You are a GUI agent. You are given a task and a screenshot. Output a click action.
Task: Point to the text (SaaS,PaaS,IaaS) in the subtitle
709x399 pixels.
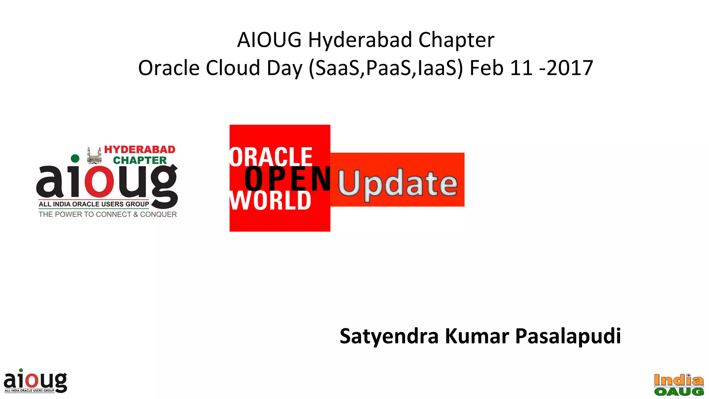pyautogui.click(x=385, y=68)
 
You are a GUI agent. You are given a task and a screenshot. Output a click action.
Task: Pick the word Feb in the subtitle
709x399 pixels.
pyautogui.click(x=486, y=68)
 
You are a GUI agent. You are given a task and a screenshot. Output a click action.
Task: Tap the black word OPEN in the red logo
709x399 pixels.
pyautogui.click(x=287, y=179)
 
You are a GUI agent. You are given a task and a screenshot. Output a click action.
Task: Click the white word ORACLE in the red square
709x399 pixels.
pyautogui.click(x=271, y=157)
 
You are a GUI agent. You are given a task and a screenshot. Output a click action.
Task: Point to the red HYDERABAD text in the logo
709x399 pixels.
pyautogui.click(x=140, y=150)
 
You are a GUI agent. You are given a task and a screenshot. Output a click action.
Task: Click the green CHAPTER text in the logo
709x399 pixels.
pyautogui.click(x=140, y=160)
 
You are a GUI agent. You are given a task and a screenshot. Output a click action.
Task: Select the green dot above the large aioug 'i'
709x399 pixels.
pyautogui.click(x=75, y=159)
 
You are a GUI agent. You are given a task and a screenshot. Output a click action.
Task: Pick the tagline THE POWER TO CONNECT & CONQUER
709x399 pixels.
pyautogui.click(x=108, y=214)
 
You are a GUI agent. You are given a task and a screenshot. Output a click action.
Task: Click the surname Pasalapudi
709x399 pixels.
pyautogui.click(x=568, y=336)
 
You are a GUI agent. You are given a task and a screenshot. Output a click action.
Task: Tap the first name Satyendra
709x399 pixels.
pyautogui.click(x=389, y=336)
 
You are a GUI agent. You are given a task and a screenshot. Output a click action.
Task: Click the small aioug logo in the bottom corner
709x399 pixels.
pyautogui.click(x=35, y=381)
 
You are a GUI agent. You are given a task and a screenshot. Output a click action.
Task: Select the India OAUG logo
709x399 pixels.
pyautogui.click(x=679, y=385)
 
